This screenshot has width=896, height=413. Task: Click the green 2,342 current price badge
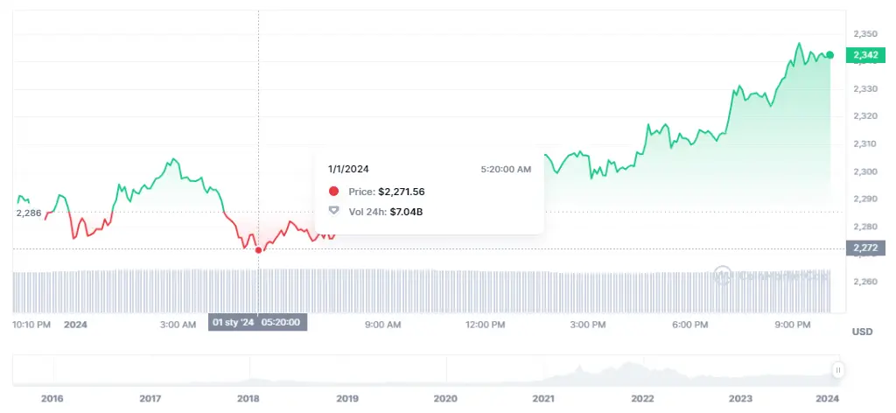pyautogui.click(x=864, y=55)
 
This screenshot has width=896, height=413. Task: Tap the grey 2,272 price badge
pyautogui.click(x=864, y=248)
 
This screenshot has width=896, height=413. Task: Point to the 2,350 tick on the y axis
pyautogui.click(x=864, y=33)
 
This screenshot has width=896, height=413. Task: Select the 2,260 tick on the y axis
pyautogui.click(x=864, y=282)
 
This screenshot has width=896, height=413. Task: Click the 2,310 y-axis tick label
pyautogui.click(x=864, y=143)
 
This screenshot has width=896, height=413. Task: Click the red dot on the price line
pyautogui.click(x=258, y=250)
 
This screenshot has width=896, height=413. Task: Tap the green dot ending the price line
pyautogui.click(x=829, y=55)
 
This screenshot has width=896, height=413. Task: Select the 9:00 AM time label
pyautogui.click(x=382, y=325)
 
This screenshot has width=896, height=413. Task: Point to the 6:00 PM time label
pyautogui.click(x=689, y=325)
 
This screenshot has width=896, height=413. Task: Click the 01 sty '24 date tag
pyautogui.click(x=234, y=323)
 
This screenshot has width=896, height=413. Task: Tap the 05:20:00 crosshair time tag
pyautogui.click(x=282, y=323)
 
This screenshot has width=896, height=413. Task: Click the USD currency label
pyautogui.click(x=861, y=332)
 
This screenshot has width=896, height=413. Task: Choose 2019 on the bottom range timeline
pyautogui.click(x=346, y=398)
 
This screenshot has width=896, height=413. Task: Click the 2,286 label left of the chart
pyautogui.click(x=29, y=213)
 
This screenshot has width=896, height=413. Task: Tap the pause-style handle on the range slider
pyautogui.click(x=837, y=370)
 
